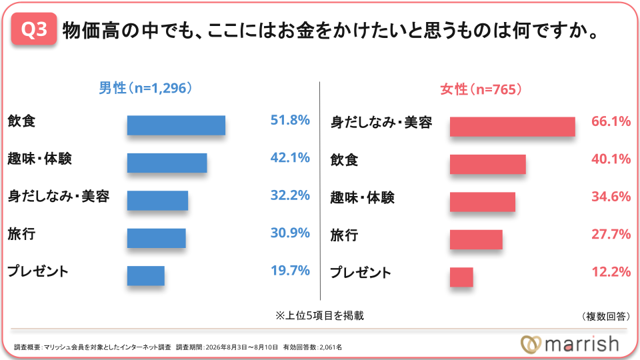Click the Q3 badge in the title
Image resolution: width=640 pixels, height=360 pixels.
[x=34, y=29]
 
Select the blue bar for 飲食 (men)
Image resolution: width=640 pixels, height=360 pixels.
[x=176, y=125]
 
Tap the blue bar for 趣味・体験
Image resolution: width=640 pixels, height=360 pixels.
[x=167, y=163]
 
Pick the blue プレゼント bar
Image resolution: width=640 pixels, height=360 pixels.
[x=146, y=276]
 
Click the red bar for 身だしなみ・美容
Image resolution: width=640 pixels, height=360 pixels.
[x=513, y=127]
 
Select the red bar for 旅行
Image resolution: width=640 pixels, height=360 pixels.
[x=476, y=239]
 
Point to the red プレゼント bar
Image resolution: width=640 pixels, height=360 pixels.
[x=461, y=277]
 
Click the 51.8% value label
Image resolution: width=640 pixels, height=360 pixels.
[x=290, y=120]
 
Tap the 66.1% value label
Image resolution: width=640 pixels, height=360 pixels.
[x=611, y=121]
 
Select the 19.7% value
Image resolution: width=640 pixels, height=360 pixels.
[x=290, y=271]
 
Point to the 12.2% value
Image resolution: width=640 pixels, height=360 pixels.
[x=611, y=272]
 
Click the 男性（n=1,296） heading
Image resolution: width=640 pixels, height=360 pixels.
[x=146, y=88]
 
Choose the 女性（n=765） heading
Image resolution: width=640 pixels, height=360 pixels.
[x=481, y=89]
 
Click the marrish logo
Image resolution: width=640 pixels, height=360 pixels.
[x=570, y=344]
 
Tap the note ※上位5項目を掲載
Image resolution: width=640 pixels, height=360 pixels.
[x=319, y=315]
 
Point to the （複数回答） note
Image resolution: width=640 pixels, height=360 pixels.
[x=605, y=316]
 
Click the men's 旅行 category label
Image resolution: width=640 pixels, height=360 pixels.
[x=21, y=234]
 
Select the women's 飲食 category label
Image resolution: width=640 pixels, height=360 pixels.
[x=344, y=160]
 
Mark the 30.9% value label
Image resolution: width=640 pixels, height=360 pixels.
[x=290, y=233]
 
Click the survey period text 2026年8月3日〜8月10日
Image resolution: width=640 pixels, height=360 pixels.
[x=241, y=347]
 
